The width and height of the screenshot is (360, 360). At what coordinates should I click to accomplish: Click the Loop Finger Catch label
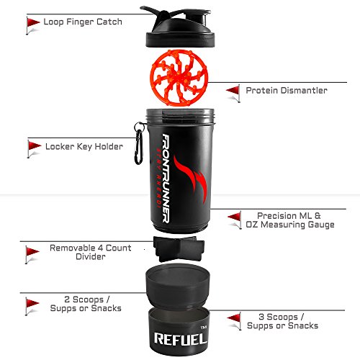[83, 22]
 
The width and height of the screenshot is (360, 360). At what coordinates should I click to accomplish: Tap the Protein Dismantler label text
[287, 91]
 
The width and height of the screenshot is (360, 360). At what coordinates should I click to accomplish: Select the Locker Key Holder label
[84, 146]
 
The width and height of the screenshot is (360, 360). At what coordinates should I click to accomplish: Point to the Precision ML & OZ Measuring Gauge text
[290, 220]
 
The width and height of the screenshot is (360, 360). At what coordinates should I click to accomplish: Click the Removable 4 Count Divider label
[91, 252]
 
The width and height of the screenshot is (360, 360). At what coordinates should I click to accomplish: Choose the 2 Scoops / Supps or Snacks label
[86, 304]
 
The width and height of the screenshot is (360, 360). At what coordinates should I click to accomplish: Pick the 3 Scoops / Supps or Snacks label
[282, 321]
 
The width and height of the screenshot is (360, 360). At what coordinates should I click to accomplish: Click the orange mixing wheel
[179, 78]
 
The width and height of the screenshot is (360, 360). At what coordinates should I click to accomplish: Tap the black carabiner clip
[140, 143]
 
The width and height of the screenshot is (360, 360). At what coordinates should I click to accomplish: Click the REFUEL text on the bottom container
[181, 339]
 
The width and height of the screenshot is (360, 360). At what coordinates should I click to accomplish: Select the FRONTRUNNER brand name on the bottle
[166, 178]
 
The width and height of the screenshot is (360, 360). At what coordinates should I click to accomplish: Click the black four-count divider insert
[179, 249]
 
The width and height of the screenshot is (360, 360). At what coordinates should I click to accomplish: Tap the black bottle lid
[179, 27]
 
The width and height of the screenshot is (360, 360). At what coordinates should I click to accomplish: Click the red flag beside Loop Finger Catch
[32, 26]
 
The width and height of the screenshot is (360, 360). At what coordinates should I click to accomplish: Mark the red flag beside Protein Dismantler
[233, 94]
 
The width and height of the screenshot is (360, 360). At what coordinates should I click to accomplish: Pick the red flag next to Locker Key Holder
[34, 149]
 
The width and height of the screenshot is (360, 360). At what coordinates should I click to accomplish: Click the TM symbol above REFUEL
[204, 328]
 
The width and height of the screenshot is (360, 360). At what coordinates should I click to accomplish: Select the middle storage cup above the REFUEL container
[178, 286]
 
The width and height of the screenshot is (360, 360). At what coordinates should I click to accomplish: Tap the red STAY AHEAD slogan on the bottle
[158, 178]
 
